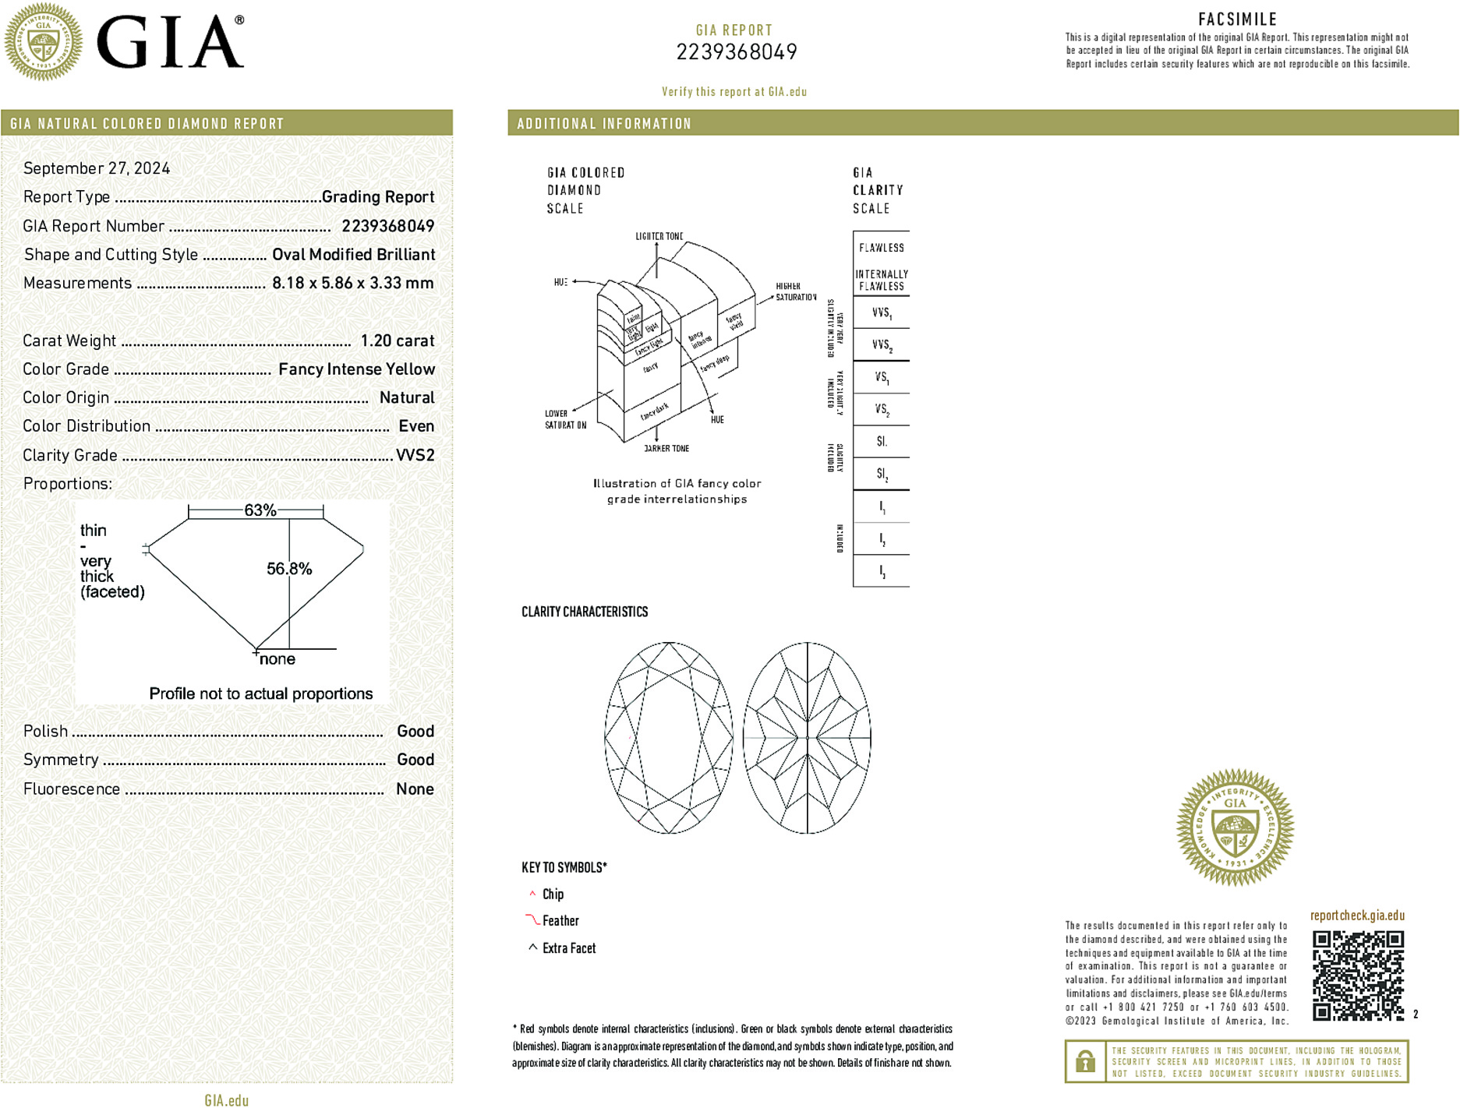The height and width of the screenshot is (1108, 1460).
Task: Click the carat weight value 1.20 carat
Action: click(397, 341)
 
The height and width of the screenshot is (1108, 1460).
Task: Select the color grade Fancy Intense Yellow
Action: click(356, 369)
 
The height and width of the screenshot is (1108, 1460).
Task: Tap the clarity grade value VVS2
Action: click(415, 455)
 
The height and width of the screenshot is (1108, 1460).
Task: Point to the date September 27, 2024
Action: click(97, 168)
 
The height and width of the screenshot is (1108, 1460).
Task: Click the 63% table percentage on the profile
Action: click(260, 510)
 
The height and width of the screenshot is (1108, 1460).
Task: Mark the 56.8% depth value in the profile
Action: click(289, 569)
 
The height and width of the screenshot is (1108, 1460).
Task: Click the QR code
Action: click(1357, 975)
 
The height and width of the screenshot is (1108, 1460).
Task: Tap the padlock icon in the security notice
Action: click(1085, 1061)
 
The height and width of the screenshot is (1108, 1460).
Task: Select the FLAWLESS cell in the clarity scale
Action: click(881, 248)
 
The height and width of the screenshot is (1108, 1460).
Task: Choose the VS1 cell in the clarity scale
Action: click(881, 378)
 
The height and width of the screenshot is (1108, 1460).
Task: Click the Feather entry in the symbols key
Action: click(560, 921)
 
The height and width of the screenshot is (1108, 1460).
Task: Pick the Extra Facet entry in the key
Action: click(568, 948)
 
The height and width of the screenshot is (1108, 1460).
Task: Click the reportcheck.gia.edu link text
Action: click(1357, 916)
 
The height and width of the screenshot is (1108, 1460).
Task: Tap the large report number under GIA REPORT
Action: click(736, 52)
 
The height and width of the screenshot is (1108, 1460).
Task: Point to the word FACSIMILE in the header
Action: click(1237, 19)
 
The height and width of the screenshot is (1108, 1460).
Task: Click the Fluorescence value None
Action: click(415, 789)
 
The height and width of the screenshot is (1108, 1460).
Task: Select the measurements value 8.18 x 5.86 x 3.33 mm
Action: click(352, 283)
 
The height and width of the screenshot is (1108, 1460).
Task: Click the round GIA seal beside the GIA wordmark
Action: click(44, 42)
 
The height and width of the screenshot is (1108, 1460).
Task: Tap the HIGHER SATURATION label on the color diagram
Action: click(795, 291)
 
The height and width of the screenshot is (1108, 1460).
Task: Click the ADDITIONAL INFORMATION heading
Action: click(604, 124)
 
